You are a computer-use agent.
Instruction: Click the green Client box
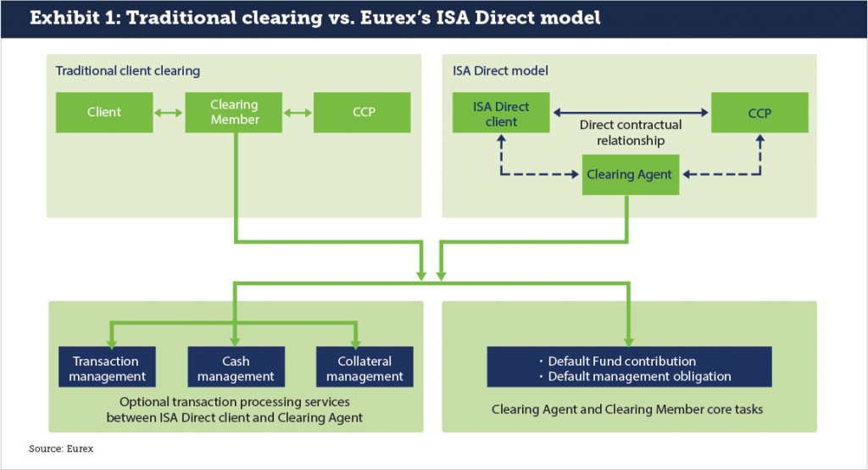click(104, 112)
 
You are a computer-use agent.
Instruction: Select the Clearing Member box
click(234, 112)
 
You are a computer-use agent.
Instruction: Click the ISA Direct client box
click(501, 114)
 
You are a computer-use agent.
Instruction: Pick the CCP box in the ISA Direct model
click(759, 112)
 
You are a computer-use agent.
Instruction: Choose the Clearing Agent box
click(629, 175)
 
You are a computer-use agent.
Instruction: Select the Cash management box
click(236, 368)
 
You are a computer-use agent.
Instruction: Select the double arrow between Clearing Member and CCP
click(298, 112)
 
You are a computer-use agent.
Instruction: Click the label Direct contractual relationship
click(631, 132)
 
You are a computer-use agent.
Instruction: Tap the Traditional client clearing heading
click(127, 70)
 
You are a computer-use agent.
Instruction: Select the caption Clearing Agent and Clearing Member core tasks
click(627, 409)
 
